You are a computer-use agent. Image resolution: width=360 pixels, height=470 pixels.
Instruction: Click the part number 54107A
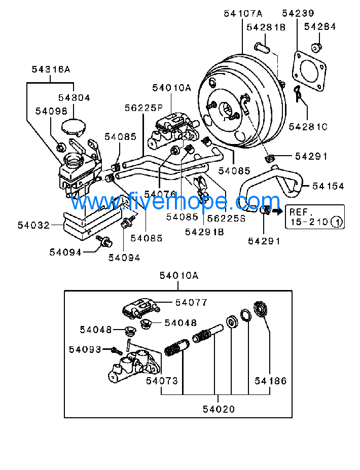[243, 14]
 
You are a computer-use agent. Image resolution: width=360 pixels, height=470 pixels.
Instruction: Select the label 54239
[298, 13]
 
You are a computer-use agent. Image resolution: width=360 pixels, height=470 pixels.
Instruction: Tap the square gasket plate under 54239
[309, 71]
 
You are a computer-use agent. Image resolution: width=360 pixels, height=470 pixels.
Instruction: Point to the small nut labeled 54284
[316, 47]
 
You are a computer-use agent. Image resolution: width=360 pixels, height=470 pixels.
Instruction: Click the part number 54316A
[51, 69]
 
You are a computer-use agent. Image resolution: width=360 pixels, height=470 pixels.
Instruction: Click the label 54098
[51, 111]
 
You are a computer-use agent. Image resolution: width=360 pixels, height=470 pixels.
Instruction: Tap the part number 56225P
[143, 108]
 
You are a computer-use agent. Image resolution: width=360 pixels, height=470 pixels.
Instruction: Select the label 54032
[33, 225]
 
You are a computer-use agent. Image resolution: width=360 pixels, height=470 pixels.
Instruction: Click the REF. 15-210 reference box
[315, 217]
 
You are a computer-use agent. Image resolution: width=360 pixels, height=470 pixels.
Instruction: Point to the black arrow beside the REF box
[278, 211]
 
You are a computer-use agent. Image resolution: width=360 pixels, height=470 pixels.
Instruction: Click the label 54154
[328, 186]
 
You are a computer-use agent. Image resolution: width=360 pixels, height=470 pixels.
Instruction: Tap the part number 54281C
[308, 127]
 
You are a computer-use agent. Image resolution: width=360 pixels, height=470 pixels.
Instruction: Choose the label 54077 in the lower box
[191, 303]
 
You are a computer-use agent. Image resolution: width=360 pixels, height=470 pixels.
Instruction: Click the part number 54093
[85, 349]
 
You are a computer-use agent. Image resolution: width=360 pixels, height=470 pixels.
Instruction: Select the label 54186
[271, 381]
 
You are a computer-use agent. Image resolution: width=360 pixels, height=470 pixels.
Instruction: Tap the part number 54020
[219, 409]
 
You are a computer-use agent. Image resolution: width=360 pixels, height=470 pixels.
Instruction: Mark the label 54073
[162, 381]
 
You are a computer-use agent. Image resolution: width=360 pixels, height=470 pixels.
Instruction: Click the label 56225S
[226, 219]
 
